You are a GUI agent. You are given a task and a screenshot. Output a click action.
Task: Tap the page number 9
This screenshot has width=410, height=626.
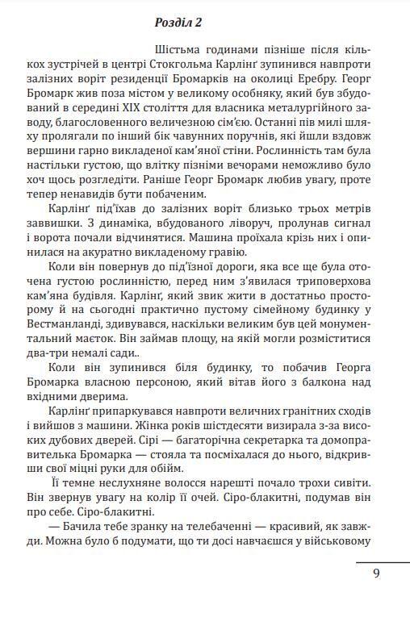click(x=377, y=574)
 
